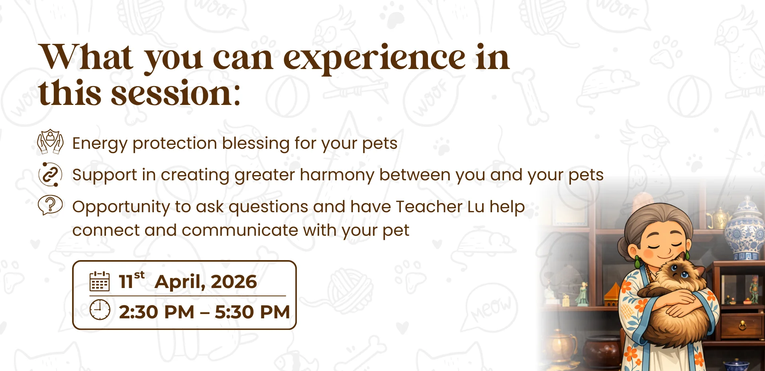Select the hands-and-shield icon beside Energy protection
coord(50,142)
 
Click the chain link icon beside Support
coord(50,174)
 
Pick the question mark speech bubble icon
coord(50,205)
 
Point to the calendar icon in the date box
coord(99,281)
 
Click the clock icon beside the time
coord(100,310)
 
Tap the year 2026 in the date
coord(234,282)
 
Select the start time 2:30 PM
coord(157,312)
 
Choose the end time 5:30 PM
coord(252,312)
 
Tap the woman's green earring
coord(637,262)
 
